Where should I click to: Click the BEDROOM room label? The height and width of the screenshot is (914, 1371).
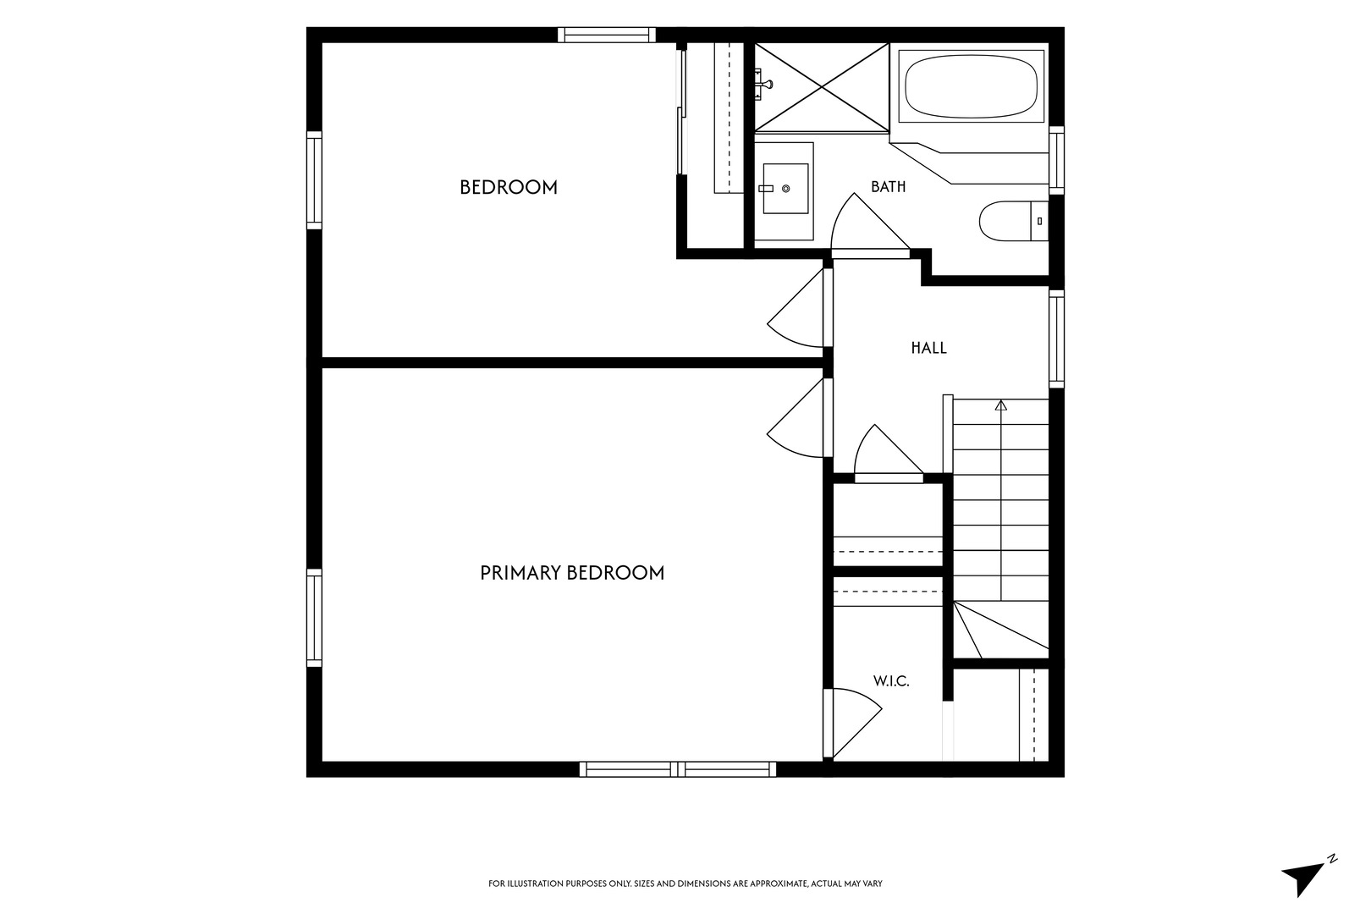[509, 187]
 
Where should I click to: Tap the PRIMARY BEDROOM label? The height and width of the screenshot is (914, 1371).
[572, 573]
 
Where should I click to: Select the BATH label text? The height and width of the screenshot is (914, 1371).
[888, 187]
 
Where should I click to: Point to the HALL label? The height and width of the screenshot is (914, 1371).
[928, 349]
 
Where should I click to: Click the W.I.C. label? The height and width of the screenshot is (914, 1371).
[891, 680]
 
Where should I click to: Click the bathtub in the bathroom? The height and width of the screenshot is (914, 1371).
[972, 86]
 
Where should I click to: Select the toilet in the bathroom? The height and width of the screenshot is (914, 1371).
[1014, 221]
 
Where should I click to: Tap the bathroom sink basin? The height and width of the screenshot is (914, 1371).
[785, 189]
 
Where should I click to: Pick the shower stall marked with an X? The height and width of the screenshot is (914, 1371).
[822, 87]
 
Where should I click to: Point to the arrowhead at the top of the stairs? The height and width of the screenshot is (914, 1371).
[1000, 405]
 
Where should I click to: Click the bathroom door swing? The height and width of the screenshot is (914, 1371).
[870, 224]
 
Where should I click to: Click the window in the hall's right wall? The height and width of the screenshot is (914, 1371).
[1056, 339]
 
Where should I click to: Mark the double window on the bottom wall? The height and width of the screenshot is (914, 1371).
[678, 769]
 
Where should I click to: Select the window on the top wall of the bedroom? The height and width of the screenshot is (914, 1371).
[607, 35]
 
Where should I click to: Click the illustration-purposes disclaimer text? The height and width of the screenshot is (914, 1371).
[685, 884]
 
